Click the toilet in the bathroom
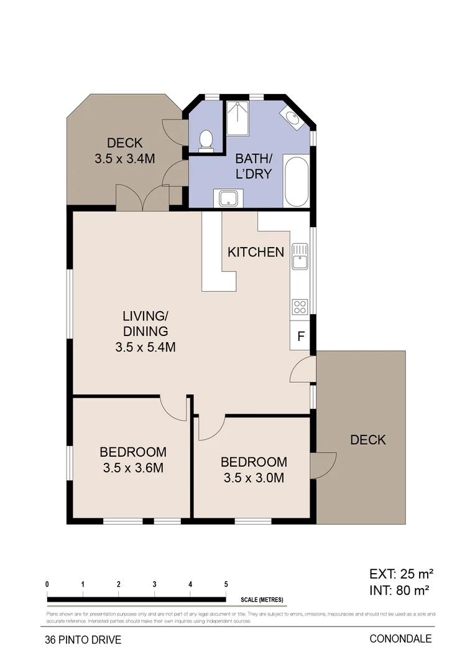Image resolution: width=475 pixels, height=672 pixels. [x=205, y=140]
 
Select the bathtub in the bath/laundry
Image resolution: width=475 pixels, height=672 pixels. [x=296, y=181]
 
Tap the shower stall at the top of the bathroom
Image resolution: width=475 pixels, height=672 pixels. [x=237, y=118]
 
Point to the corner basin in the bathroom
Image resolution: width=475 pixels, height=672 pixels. [x=290, y=118]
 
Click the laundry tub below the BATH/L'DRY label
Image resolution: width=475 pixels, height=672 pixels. [x=228, y=198]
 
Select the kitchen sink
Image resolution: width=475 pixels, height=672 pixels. [x=300, y=256]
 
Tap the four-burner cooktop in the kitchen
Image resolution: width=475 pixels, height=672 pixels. [x=300, y=306]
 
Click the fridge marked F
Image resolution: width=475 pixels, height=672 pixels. [x=300, y=336]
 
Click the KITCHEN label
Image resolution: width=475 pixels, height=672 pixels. [x=256, y=252]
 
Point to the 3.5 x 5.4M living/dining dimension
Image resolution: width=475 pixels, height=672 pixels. [x=145, y=347]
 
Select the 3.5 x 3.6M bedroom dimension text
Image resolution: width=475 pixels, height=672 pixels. [x=133, y=468]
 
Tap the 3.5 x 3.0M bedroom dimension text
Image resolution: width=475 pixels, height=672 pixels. [x=254, y=478]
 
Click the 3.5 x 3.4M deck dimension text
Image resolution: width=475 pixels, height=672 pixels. [x=124, y=158]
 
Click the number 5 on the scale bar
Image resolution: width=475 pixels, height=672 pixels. [x=226, y=584]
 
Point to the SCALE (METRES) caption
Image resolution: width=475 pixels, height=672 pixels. [x=262, y=600]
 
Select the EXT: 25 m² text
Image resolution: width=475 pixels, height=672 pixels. [x=401, y=573]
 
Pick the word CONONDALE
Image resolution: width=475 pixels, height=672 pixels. [x=400, y=638]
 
